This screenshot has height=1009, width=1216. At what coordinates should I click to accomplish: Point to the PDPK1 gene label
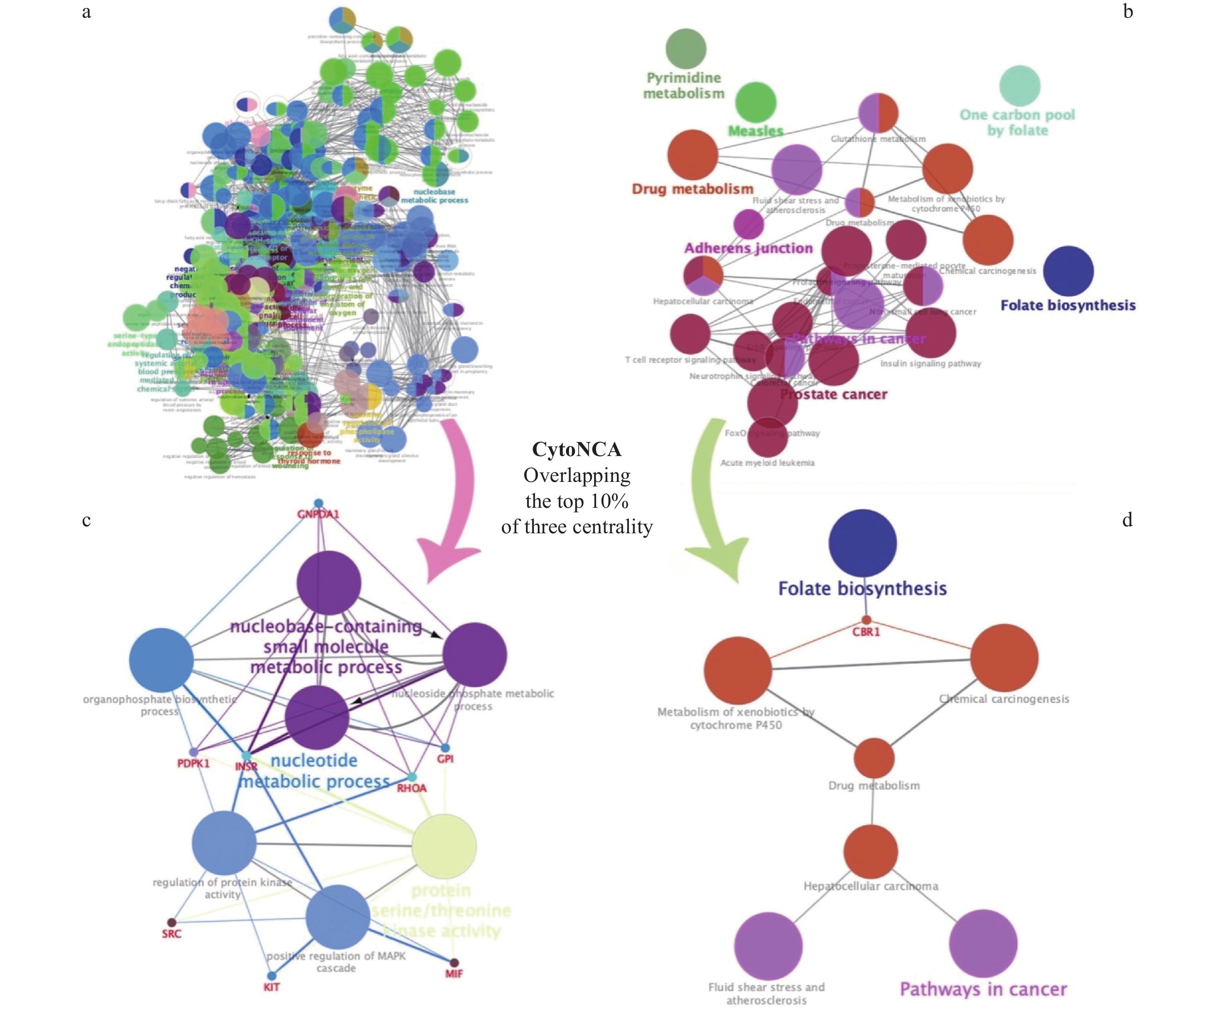pos(193,763)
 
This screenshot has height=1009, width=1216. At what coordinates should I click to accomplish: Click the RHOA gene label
pos(412,789)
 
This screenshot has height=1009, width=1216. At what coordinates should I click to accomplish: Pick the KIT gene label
pos(272,987)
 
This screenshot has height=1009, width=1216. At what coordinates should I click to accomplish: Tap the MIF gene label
pos(454,974)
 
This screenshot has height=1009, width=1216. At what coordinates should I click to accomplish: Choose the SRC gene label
pos(171,934)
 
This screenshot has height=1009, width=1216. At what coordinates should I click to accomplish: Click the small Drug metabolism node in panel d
pos(874,758)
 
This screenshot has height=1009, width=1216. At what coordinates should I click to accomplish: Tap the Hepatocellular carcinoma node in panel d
pos(870,851)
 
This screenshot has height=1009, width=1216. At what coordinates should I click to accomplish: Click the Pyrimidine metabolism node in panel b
pos(686,48)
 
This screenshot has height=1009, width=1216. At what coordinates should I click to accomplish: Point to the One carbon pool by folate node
pos(1020,86)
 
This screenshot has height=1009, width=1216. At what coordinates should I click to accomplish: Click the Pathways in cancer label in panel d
pos(983,989)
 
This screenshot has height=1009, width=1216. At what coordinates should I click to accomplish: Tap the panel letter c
pos(86,520)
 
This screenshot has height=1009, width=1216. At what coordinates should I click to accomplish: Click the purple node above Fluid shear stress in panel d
pos(768,946)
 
